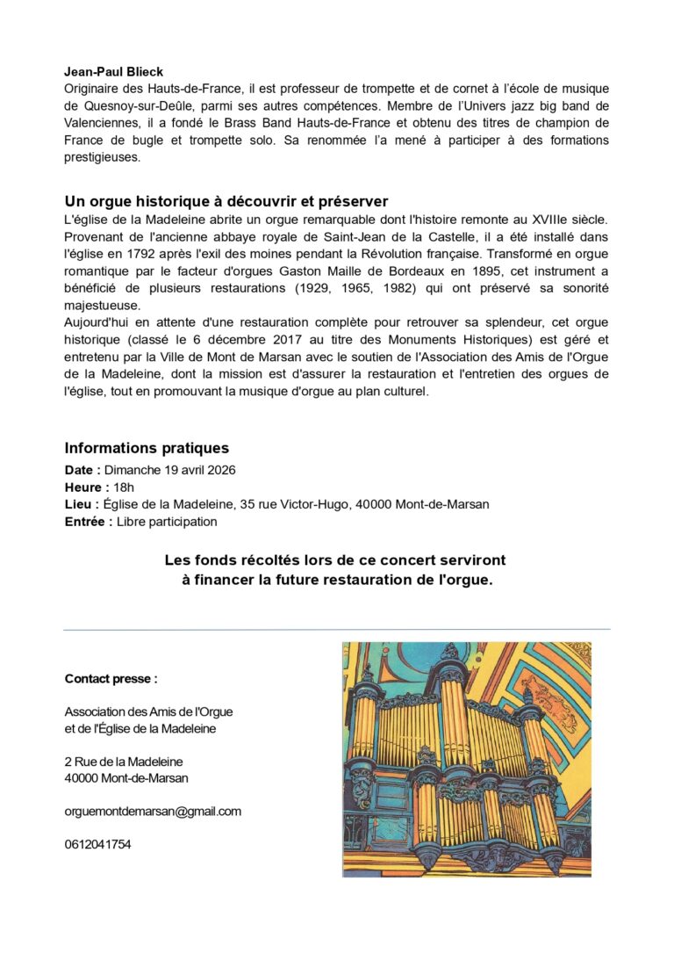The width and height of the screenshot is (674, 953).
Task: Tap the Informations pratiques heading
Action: coord(147,448)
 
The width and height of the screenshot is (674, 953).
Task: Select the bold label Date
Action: coord(82,470)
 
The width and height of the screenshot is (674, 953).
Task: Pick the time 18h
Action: coord(125,487)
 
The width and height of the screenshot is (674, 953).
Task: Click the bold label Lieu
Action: coord(80,504)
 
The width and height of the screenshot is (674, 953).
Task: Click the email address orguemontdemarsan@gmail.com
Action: coord(153,811)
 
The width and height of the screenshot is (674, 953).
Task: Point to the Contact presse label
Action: coord(111,678)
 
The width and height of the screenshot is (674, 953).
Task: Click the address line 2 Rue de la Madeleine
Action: coord(124,762)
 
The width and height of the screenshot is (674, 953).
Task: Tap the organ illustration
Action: coord(466,759)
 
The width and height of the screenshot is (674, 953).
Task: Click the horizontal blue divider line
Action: coord(337,629)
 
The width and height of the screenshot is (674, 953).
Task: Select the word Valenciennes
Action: coord(108,123)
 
